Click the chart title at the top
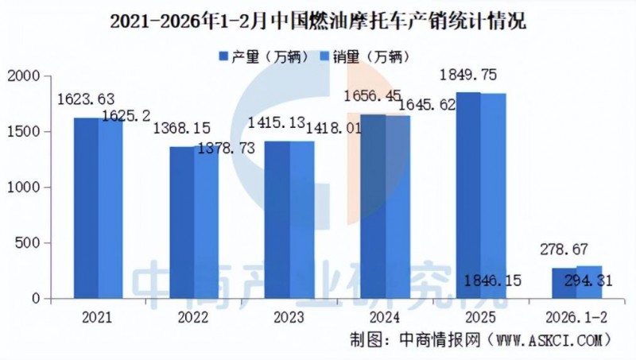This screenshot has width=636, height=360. (x=318, y=21)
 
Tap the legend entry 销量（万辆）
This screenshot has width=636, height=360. (x=366, y=56)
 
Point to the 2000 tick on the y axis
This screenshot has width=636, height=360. (x=24, y=76)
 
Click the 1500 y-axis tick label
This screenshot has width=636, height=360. (x=24, y=132)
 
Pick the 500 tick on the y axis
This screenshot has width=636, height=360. (x=29, y=243)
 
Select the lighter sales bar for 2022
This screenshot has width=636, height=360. (x=206, y=223)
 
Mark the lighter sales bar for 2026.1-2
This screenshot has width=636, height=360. (x=589, y=282)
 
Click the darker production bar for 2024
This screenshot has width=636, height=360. (x=374, y=207)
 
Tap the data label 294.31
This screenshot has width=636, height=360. (x=589, y=279)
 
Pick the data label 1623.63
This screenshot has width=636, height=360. (x=86, y=99)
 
